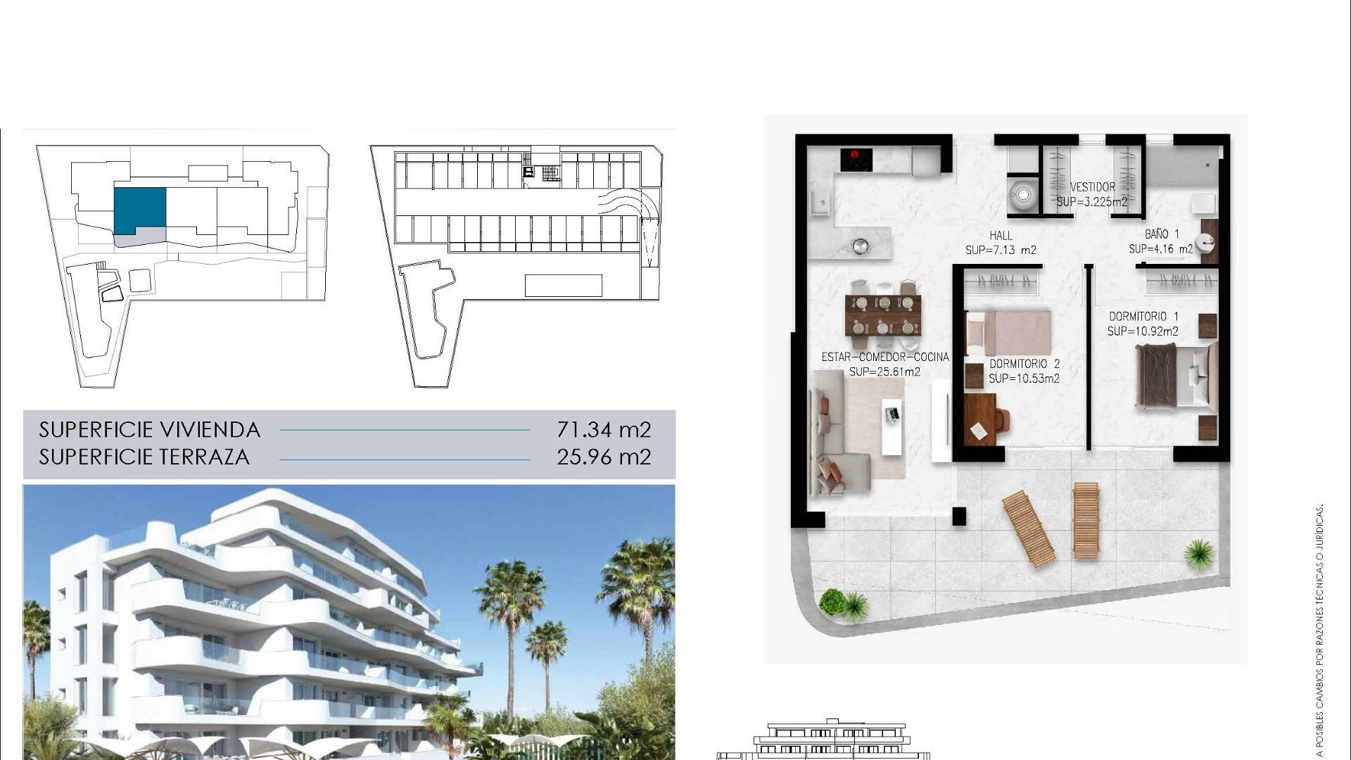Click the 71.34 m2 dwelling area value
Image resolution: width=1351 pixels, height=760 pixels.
[x=604, y=429]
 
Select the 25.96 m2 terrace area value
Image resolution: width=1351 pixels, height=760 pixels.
[x=604, y=457]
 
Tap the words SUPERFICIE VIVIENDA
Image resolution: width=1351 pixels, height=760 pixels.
[x=150, y=429]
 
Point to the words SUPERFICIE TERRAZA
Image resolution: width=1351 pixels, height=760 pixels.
[x=144, y=457]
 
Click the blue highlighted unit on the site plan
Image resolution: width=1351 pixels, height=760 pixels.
[x=140, y=210]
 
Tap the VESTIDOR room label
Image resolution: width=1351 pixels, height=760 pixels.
[x=1092, y=187]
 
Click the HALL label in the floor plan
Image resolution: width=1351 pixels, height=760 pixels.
[x=1001, y=236]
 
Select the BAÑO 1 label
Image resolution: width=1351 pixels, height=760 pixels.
[x=1162, y=234]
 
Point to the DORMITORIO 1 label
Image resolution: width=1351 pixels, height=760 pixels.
[x=1143, y=317]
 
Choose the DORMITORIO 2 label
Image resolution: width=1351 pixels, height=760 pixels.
[x=1025, y=364]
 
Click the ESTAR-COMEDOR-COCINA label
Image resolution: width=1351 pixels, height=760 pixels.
[x=885, y=357]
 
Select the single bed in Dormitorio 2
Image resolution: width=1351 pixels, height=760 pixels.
[x=1008, y=333]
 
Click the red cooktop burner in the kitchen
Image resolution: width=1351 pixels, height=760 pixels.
[x=856, y=156]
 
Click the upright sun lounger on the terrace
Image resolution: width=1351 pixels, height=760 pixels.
[x=1086, y=521]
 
